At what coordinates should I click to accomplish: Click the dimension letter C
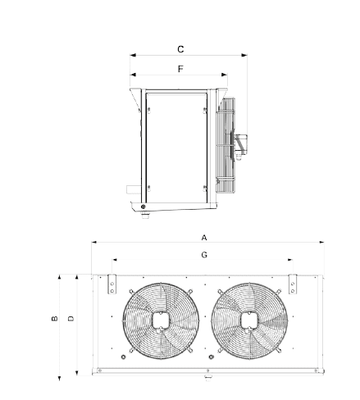[180, 49]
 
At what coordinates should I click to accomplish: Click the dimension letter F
[180, 69]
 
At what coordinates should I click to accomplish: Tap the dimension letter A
[204, 238]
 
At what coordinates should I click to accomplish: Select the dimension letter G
[204, 255]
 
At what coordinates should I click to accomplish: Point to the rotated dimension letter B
[55, 319]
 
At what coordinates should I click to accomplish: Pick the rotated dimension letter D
[71, 319]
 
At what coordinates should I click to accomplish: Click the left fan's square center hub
[161, 320]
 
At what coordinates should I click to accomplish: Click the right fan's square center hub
[249, 320]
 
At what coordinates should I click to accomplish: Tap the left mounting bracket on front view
[112, 284]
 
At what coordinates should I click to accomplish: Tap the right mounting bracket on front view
[293, 284]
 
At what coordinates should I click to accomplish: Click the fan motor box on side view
[242, 144]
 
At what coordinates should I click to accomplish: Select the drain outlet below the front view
[208, 377]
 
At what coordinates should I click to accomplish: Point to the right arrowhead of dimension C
[244, 55]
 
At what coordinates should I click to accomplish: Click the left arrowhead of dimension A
[94, 242]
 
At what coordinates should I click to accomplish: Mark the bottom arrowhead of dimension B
[59, 378]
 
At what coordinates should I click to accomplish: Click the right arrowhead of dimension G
[290, 260]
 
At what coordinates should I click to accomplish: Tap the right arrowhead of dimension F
[224, 75]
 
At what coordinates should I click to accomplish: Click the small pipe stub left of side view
[134, 189]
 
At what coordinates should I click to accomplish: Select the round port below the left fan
[123, 357]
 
